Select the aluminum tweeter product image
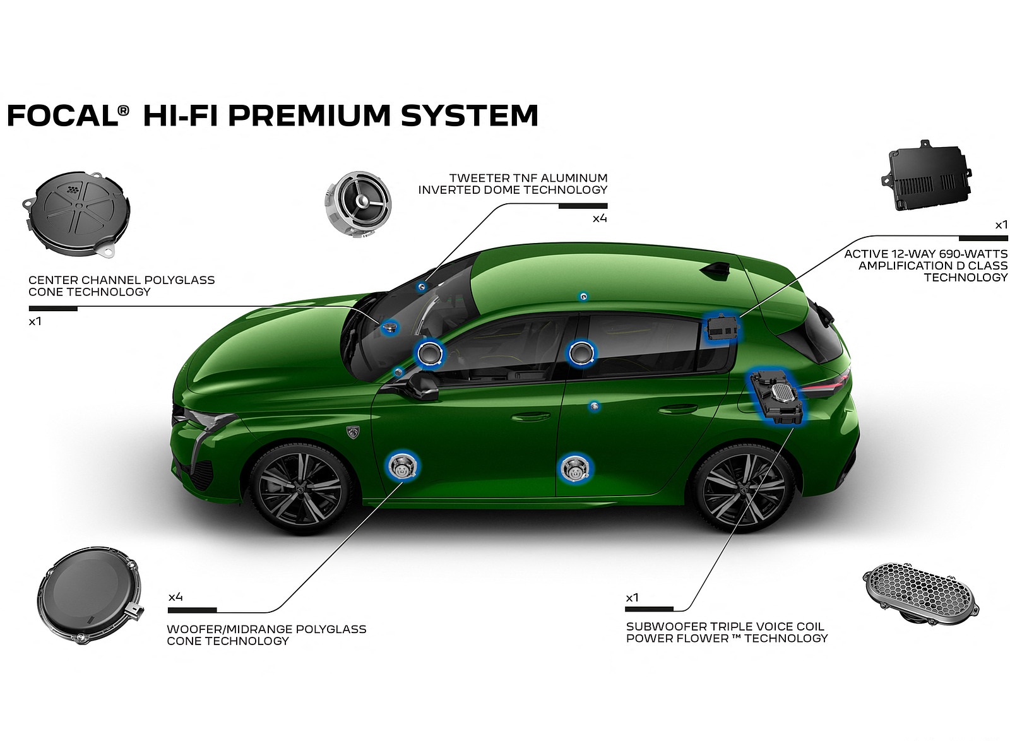358,205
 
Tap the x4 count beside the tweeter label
599,218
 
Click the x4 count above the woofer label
175,596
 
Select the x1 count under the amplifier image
1001,225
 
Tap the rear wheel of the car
744,489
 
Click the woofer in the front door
401,468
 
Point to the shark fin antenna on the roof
718,271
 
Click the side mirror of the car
424,384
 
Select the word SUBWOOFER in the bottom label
665,626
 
